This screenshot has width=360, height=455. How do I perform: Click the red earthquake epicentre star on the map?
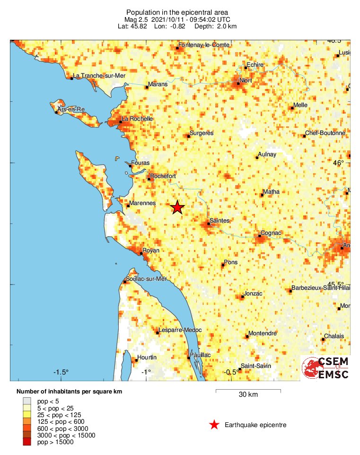177,207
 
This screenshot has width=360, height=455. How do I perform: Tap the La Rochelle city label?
137,119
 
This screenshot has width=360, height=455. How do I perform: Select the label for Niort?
246,80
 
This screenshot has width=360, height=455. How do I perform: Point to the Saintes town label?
219,221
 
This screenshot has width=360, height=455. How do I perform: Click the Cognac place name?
271,233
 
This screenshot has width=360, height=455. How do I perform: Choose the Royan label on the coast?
151,250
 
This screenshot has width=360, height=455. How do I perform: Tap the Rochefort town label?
163,176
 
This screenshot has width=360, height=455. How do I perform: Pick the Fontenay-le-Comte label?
203,45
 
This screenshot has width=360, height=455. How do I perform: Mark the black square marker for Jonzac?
241,297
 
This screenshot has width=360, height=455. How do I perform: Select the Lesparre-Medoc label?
180,330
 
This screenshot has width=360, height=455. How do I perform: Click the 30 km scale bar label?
248,395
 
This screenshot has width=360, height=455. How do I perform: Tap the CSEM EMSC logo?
326,368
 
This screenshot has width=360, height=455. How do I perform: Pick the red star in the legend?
214,425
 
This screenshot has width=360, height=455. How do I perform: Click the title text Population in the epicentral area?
177,12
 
